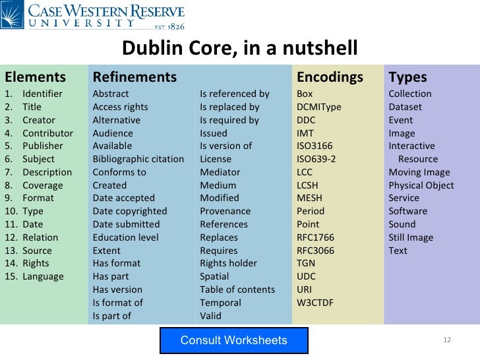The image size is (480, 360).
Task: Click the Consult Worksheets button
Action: (233, 340)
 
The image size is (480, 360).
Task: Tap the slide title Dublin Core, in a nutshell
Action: (240, 48)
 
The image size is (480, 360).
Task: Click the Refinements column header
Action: (135, 77)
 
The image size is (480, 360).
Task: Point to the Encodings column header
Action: (330, 77)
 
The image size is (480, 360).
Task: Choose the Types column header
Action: (407, 77)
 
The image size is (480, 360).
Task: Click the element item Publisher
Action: (43, 146)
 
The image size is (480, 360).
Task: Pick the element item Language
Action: (43, 276)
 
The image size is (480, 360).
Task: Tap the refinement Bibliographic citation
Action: (138, 159)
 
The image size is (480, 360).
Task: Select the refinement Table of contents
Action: (237, 289)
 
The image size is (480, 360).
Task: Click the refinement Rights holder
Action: (228, 263)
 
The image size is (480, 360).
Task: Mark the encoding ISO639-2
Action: (316, 159)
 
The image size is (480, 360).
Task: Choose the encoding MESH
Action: (309, 198)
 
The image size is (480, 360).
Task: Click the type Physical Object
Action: (421, 185)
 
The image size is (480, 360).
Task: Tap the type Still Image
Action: (411, 237)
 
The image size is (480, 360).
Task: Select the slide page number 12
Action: (446, 340)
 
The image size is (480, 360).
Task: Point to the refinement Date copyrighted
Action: (130, 211)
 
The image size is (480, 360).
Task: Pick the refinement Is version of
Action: (225, 146)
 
